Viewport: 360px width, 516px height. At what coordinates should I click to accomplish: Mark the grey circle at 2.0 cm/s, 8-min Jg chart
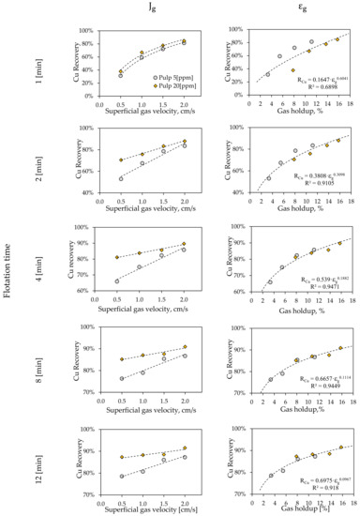[x=184, y=356]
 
